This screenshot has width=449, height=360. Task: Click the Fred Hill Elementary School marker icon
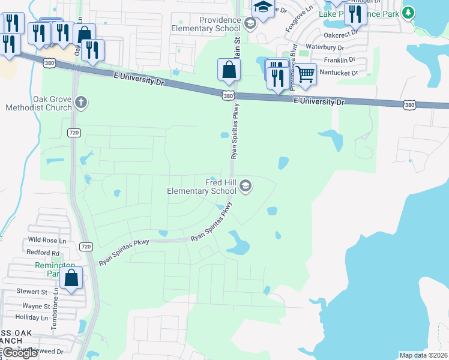tap(245, 186)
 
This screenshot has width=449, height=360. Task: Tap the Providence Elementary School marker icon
tap(250, 23)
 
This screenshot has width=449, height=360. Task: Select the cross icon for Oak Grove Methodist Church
tap(82, 103)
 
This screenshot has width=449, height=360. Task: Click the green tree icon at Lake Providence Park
tap(408, 12)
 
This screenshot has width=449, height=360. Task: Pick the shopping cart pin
tap(306, 74)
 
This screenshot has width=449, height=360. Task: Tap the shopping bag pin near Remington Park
tap(71, 278)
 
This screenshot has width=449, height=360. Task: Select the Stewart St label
tap(32, 292)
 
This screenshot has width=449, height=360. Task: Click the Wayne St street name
tap(37, 306)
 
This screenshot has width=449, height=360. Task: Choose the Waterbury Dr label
tap(325, 47)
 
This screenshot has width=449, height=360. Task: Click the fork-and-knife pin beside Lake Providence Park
tap(355, 14)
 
